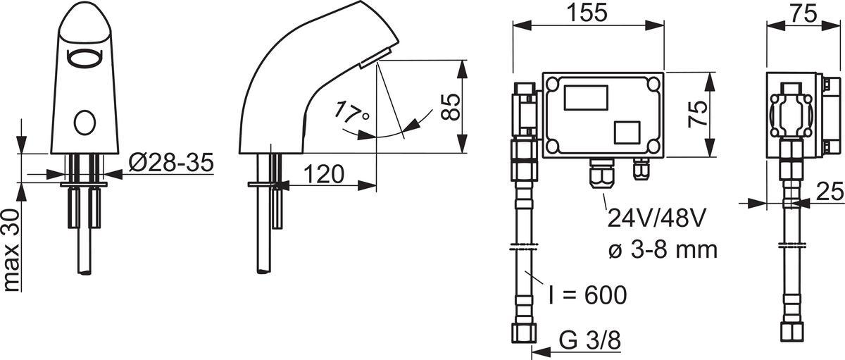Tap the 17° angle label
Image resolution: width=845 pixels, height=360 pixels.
(x=351, y=113)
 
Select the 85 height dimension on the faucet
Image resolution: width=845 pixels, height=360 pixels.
(x=451, y=107)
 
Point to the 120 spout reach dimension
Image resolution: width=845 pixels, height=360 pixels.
(x=324, y=174)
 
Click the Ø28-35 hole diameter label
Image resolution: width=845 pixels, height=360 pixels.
(x=171, y=163)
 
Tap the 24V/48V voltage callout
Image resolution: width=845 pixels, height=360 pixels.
(x=656, y=218)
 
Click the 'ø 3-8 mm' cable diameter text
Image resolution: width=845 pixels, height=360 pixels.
(x=663, y=249)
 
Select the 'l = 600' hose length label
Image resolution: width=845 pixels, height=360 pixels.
(x=587, y=294)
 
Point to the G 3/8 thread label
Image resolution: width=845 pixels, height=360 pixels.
(x=589, y=341)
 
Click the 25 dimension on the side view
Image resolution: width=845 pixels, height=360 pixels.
(x=830, y=192)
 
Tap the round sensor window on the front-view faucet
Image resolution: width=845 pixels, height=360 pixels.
(x=84, y=123)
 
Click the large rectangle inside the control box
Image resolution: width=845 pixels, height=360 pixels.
(x=586, y=98)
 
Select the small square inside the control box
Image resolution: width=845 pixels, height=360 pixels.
(x=627, y=132)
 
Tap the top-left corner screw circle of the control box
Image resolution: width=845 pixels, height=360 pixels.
(x=553, y=84)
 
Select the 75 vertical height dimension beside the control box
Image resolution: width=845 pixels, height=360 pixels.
(x=698, y=114)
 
